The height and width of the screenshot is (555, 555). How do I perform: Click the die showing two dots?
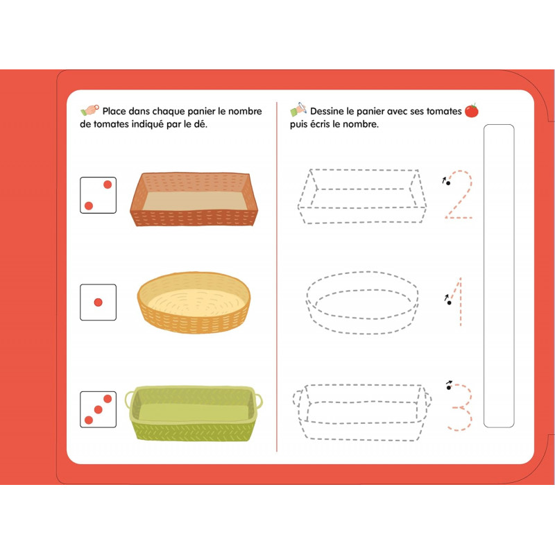pyautogui.click(x=98, y=195)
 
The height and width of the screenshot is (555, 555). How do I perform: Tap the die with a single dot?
pyautogui.click(x=98, y=302)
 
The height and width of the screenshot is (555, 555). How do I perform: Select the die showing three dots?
pyautogui.click(x=98, y=409)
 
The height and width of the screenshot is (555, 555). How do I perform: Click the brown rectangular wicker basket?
pyautogui.click(x=194, y=199)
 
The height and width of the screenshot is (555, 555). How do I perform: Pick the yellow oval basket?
pyautogui.click(x=194, y=302)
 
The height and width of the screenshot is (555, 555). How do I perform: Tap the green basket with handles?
pyautogui.click(x=194, y=413)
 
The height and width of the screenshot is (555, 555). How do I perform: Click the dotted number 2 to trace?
pyautogui.click(x=459, y=194)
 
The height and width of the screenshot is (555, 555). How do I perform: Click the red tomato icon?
pyautogui.click(x=472, y=110)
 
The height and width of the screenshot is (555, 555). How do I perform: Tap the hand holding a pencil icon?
pyautogui.click(x=298, y=110)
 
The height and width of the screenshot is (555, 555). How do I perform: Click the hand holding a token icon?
pyautogui.click(x=89, y=110)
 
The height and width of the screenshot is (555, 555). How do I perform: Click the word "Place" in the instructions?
pyautogui.click(x=114, y=111)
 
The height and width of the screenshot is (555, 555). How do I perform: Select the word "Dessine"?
pyautogui.click(x=327, y=111)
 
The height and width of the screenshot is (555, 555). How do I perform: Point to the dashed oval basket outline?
pyautogui.click(x=362, y=302)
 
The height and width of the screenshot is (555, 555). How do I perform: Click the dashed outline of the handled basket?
pyautogui.click(x=361, y=412)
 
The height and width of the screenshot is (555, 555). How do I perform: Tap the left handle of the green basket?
pyautogui.click(x=128, y=400)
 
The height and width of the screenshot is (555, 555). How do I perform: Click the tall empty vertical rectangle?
pyautogui.click(x=499, y=275)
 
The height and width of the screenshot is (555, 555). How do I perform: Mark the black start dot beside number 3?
pyautogui.click(x=449, y=388)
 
